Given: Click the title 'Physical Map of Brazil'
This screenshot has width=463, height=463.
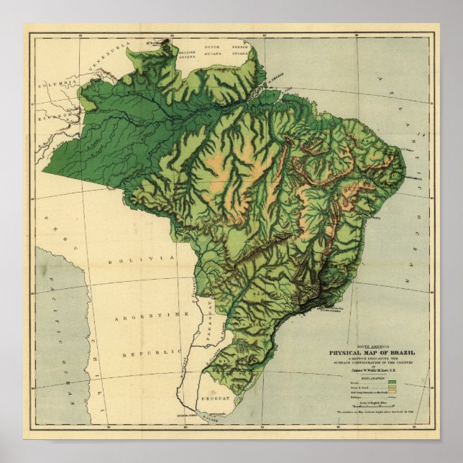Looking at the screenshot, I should pos(372,353).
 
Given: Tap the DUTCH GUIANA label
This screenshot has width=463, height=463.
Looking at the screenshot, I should pos(214,48).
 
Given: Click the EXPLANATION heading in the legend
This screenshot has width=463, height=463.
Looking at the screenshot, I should pos(372,376).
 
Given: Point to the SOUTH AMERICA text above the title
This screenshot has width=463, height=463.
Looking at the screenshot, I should pos(372,346).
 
